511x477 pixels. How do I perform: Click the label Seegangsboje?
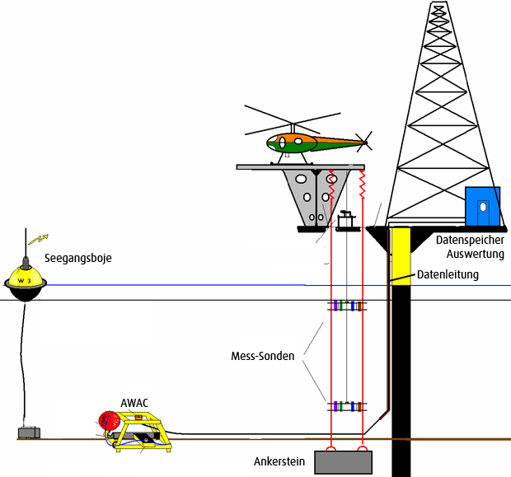click(x=77, y=258)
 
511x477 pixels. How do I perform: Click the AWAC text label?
click(x=134, y=403)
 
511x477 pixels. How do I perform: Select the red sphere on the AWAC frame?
click(x=109, y=421)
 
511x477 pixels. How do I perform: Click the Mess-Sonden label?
click(x=263, y=358)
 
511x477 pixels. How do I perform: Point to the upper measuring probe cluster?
click(x=347, y=306)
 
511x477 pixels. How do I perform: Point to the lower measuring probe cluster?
click(x=347, y=406)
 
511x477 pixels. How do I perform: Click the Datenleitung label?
click(x=448, y=274)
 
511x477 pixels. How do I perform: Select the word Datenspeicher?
click(x=470, y=241)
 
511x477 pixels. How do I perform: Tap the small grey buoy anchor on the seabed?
click(x=30, y=433)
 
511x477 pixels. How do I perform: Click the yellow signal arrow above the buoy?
click(x=38, y=240)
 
